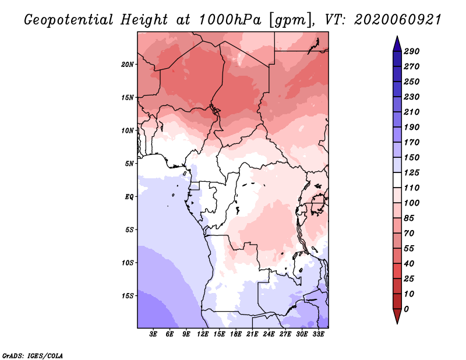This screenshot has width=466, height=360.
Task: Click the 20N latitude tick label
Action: click(128, 64)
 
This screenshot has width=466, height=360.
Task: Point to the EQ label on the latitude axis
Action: click(129, 196)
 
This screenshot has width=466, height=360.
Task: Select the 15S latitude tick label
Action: click(128, 295)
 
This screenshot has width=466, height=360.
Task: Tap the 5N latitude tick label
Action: click(129, 163)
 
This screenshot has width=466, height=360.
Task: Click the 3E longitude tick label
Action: click(154, 334)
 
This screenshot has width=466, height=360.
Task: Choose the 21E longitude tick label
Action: click(252, 334)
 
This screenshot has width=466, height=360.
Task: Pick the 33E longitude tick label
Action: click(318, 334)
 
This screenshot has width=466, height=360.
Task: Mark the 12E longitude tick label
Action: click(203, 334)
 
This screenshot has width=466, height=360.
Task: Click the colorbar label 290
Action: click(412, 51)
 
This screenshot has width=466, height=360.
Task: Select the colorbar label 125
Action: click(412, 172)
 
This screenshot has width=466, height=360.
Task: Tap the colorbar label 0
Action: click(407, 309)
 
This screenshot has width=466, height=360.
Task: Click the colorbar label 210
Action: click(412, 112)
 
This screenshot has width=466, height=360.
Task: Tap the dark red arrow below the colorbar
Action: click(396, 317)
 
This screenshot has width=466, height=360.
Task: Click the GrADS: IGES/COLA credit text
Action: click(32, 355)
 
